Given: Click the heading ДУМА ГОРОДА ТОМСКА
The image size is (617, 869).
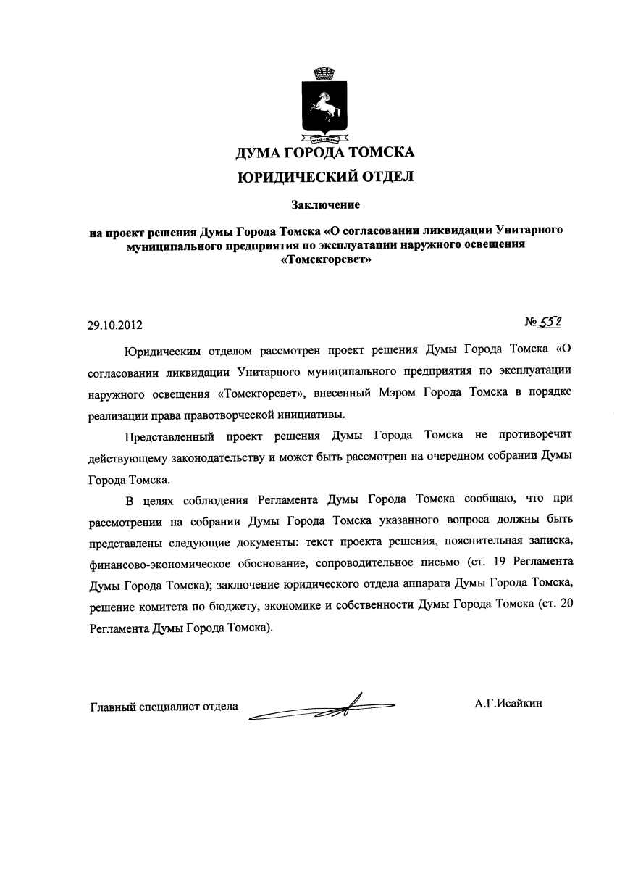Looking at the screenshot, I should point(325,153).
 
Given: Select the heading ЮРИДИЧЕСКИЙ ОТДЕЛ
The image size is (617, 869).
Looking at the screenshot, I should point(325,176).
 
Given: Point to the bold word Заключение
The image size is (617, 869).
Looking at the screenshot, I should point(325,205).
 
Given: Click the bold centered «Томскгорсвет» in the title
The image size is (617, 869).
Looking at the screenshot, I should point(325,259).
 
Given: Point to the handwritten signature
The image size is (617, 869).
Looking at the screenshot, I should point(322,704).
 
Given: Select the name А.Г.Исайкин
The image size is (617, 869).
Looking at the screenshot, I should point(508,702).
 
